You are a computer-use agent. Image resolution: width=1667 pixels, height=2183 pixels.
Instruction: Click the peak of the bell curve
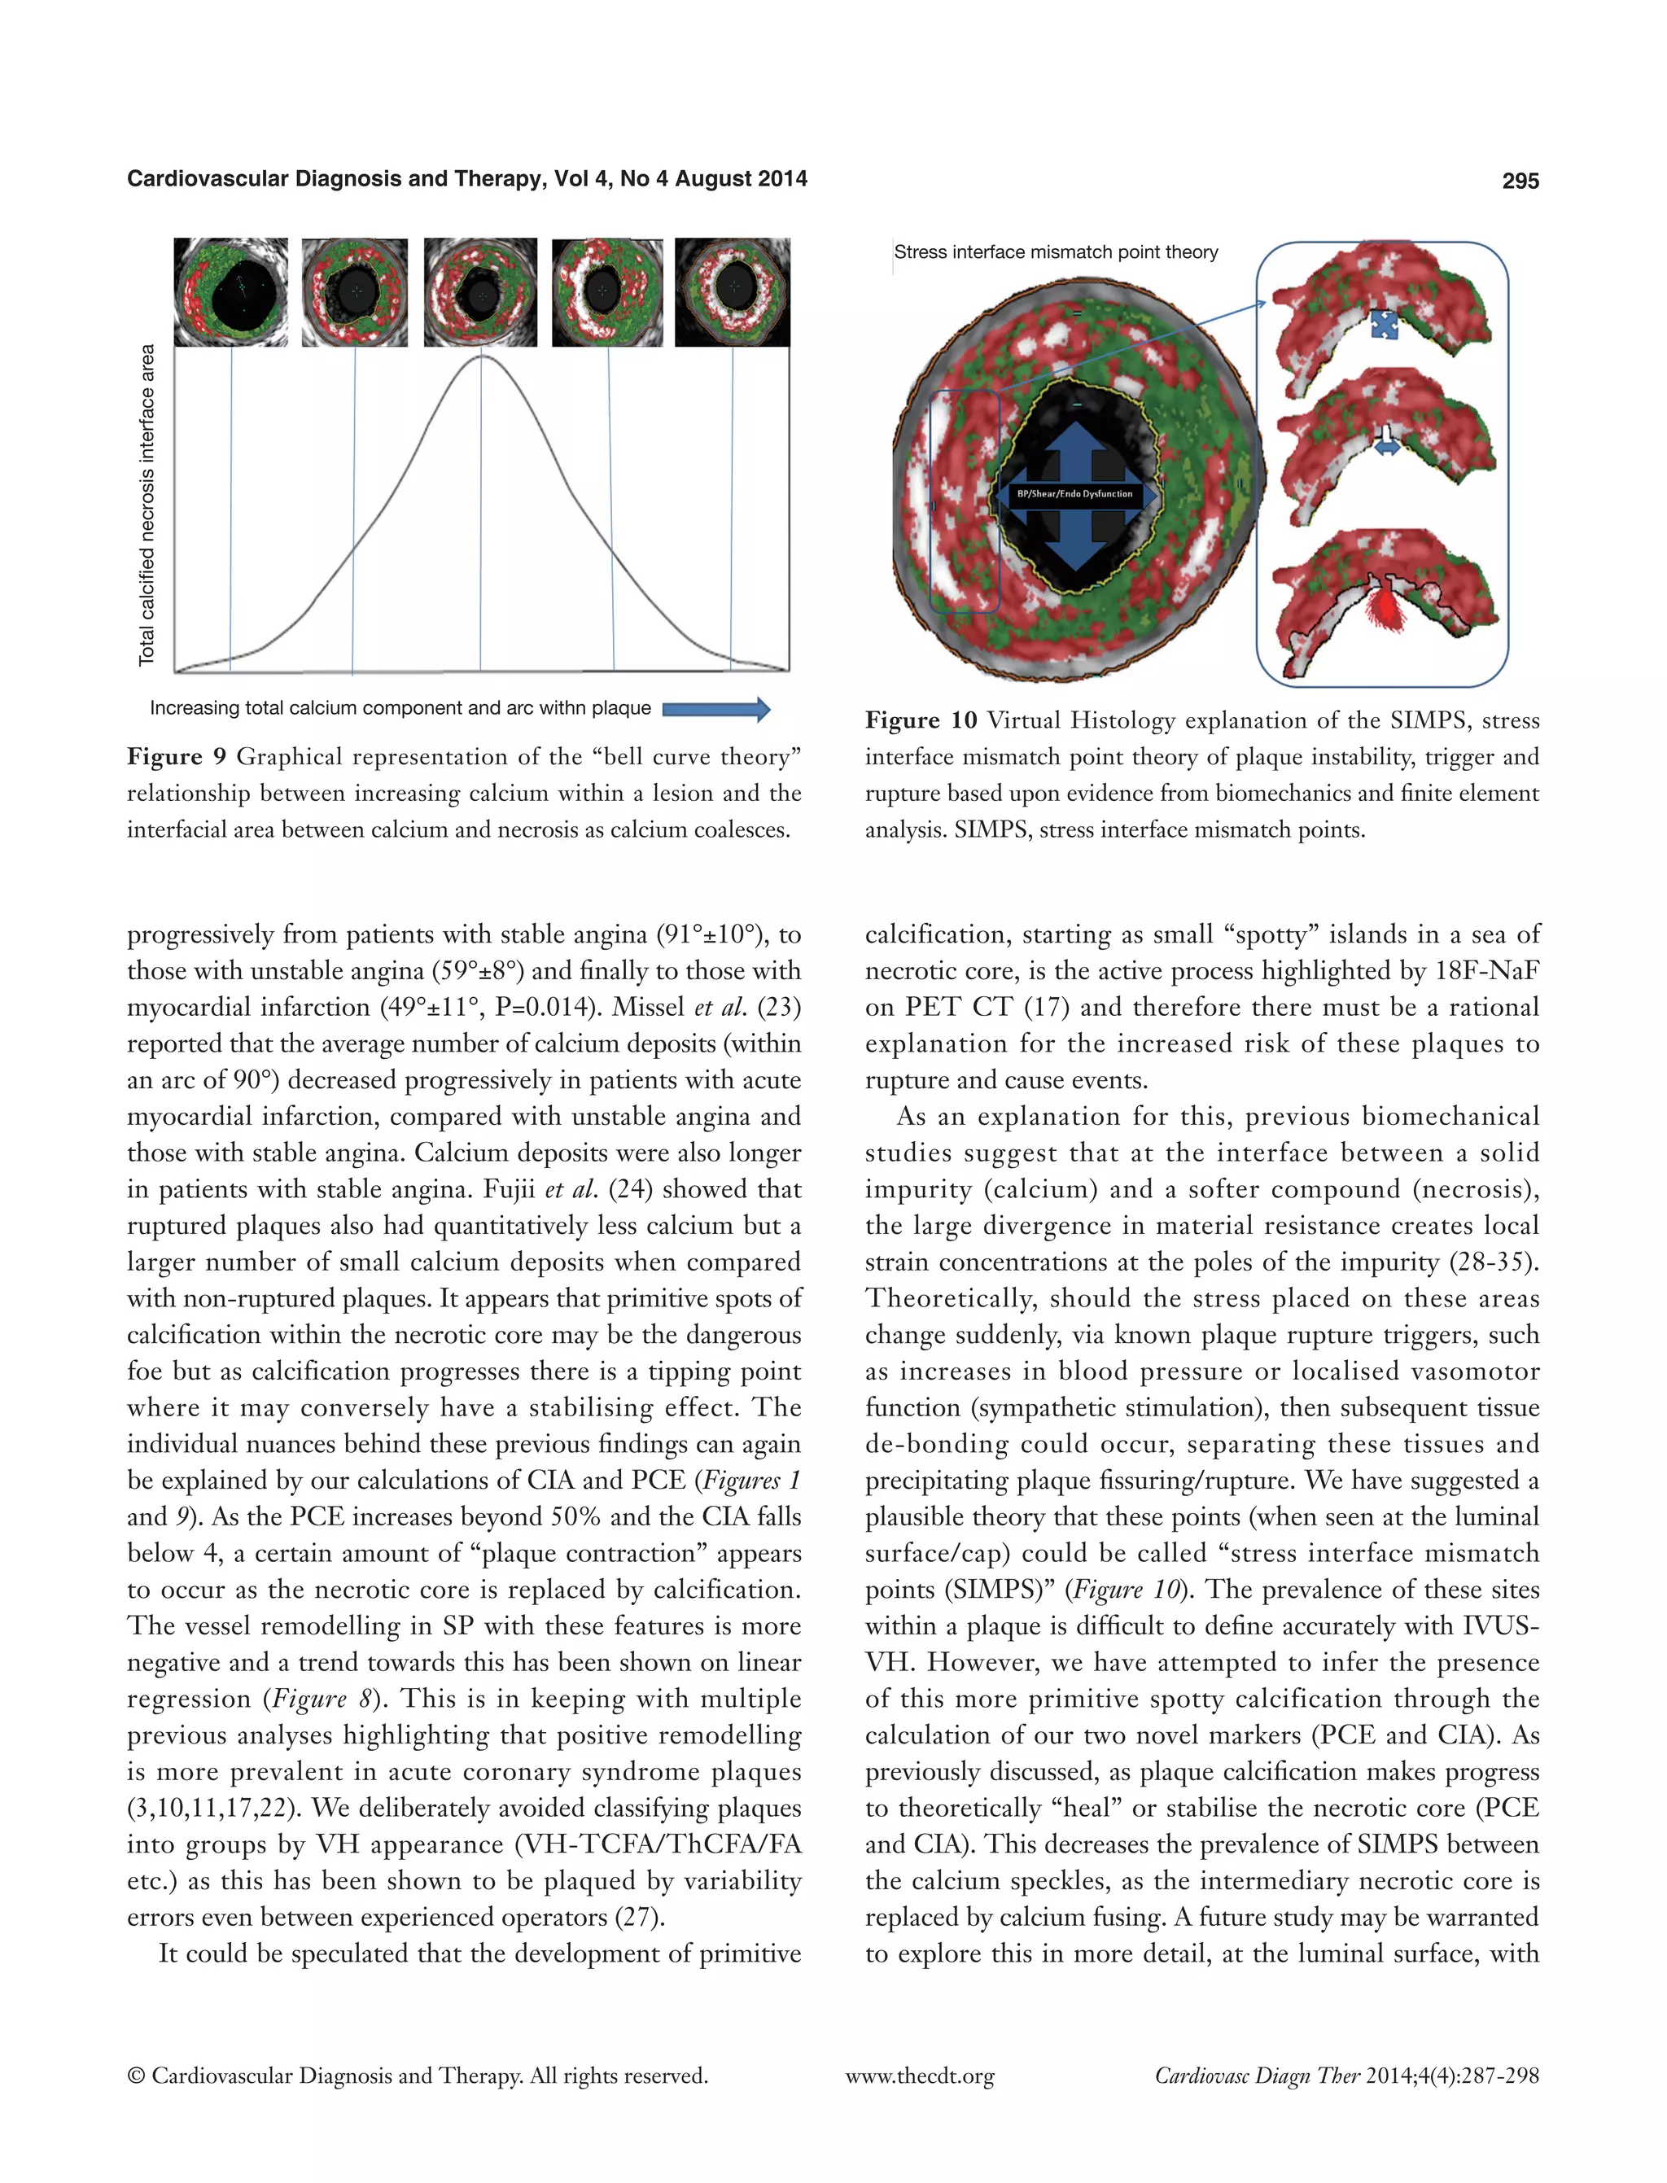(x=481, y=357)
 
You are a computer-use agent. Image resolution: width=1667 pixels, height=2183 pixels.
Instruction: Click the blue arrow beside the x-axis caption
(x=715, y=708)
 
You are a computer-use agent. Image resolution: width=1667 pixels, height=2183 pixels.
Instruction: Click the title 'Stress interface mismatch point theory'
(x=1056, y=252)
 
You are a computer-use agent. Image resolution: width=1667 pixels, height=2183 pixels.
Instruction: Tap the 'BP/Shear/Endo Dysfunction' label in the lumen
(x=1074, y=493)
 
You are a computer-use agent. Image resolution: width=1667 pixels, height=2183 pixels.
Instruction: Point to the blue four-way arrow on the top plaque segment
(x=1383, y=323)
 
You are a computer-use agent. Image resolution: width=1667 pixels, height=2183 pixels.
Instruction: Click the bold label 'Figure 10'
(x=921, y=720)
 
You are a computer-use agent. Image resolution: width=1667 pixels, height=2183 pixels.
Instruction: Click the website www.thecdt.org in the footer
(x=919, y=2076)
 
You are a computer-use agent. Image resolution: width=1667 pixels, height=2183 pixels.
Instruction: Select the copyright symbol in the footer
(x=137, y=2076)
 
